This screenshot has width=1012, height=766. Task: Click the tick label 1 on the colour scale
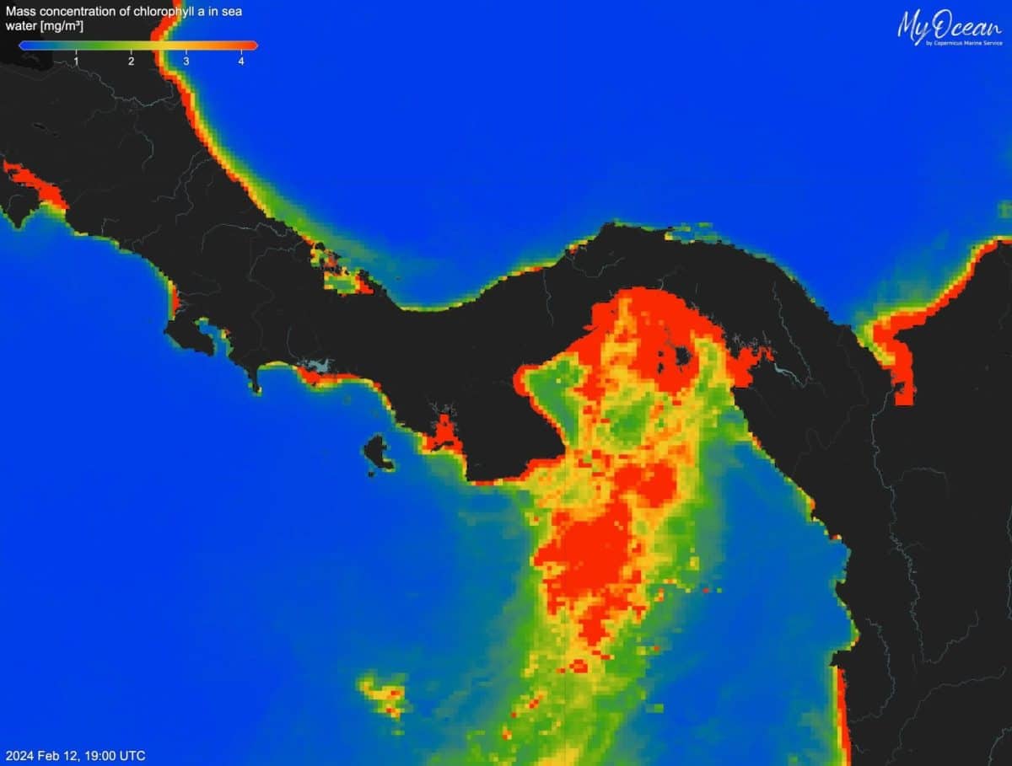[x=77, y=61]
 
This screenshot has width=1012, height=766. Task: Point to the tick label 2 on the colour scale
[x=132, y=61]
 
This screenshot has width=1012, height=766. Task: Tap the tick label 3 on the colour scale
[x=186, y=61]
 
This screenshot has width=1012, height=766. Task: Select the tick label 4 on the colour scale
[x=241, y=61]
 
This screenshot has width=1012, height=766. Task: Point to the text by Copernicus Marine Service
[x=963, y=43]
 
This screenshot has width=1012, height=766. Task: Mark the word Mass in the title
[x=20, y=12]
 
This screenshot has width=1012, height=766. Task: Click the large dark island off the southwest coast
[x=379, y=452]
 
